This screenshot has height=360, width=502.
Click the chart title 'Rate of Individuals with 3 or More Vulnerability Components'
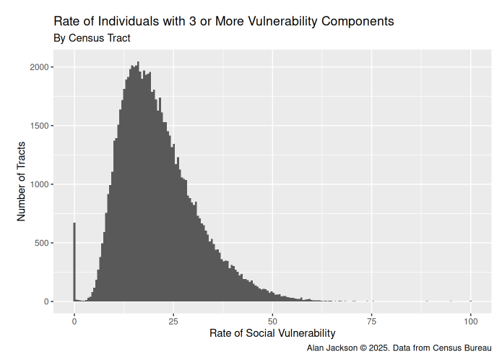[224, 21]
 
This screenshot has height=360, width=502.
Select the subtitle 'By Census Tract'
[92, 38]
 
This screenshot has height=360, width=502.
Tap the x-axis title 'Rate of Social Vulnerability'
[272, 333]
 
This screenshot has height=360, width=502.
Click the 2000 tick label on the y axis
[39, 67]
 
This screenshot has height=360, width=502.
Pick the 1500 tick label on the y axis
[39, 126]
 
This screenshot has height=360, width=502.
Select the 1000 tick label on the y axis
[39, 184]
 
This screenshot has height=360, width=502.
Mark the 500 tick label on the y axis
[41, 243]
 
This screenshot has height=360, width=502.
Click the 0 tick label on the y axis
[46, 301]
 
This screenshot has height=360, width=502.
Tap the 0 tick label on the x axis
[74, 320]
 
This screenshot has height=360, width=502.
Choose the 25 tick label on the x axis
[173, 320]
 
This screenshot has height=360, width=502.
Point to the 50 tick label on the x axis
[272, 320]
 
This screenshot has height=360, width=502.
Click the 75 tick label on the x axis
[371, 320]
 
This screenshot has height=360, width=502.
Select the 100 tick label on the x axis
[471, 320]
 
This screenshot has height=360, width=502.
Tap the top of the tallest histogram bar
[138, 63]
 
